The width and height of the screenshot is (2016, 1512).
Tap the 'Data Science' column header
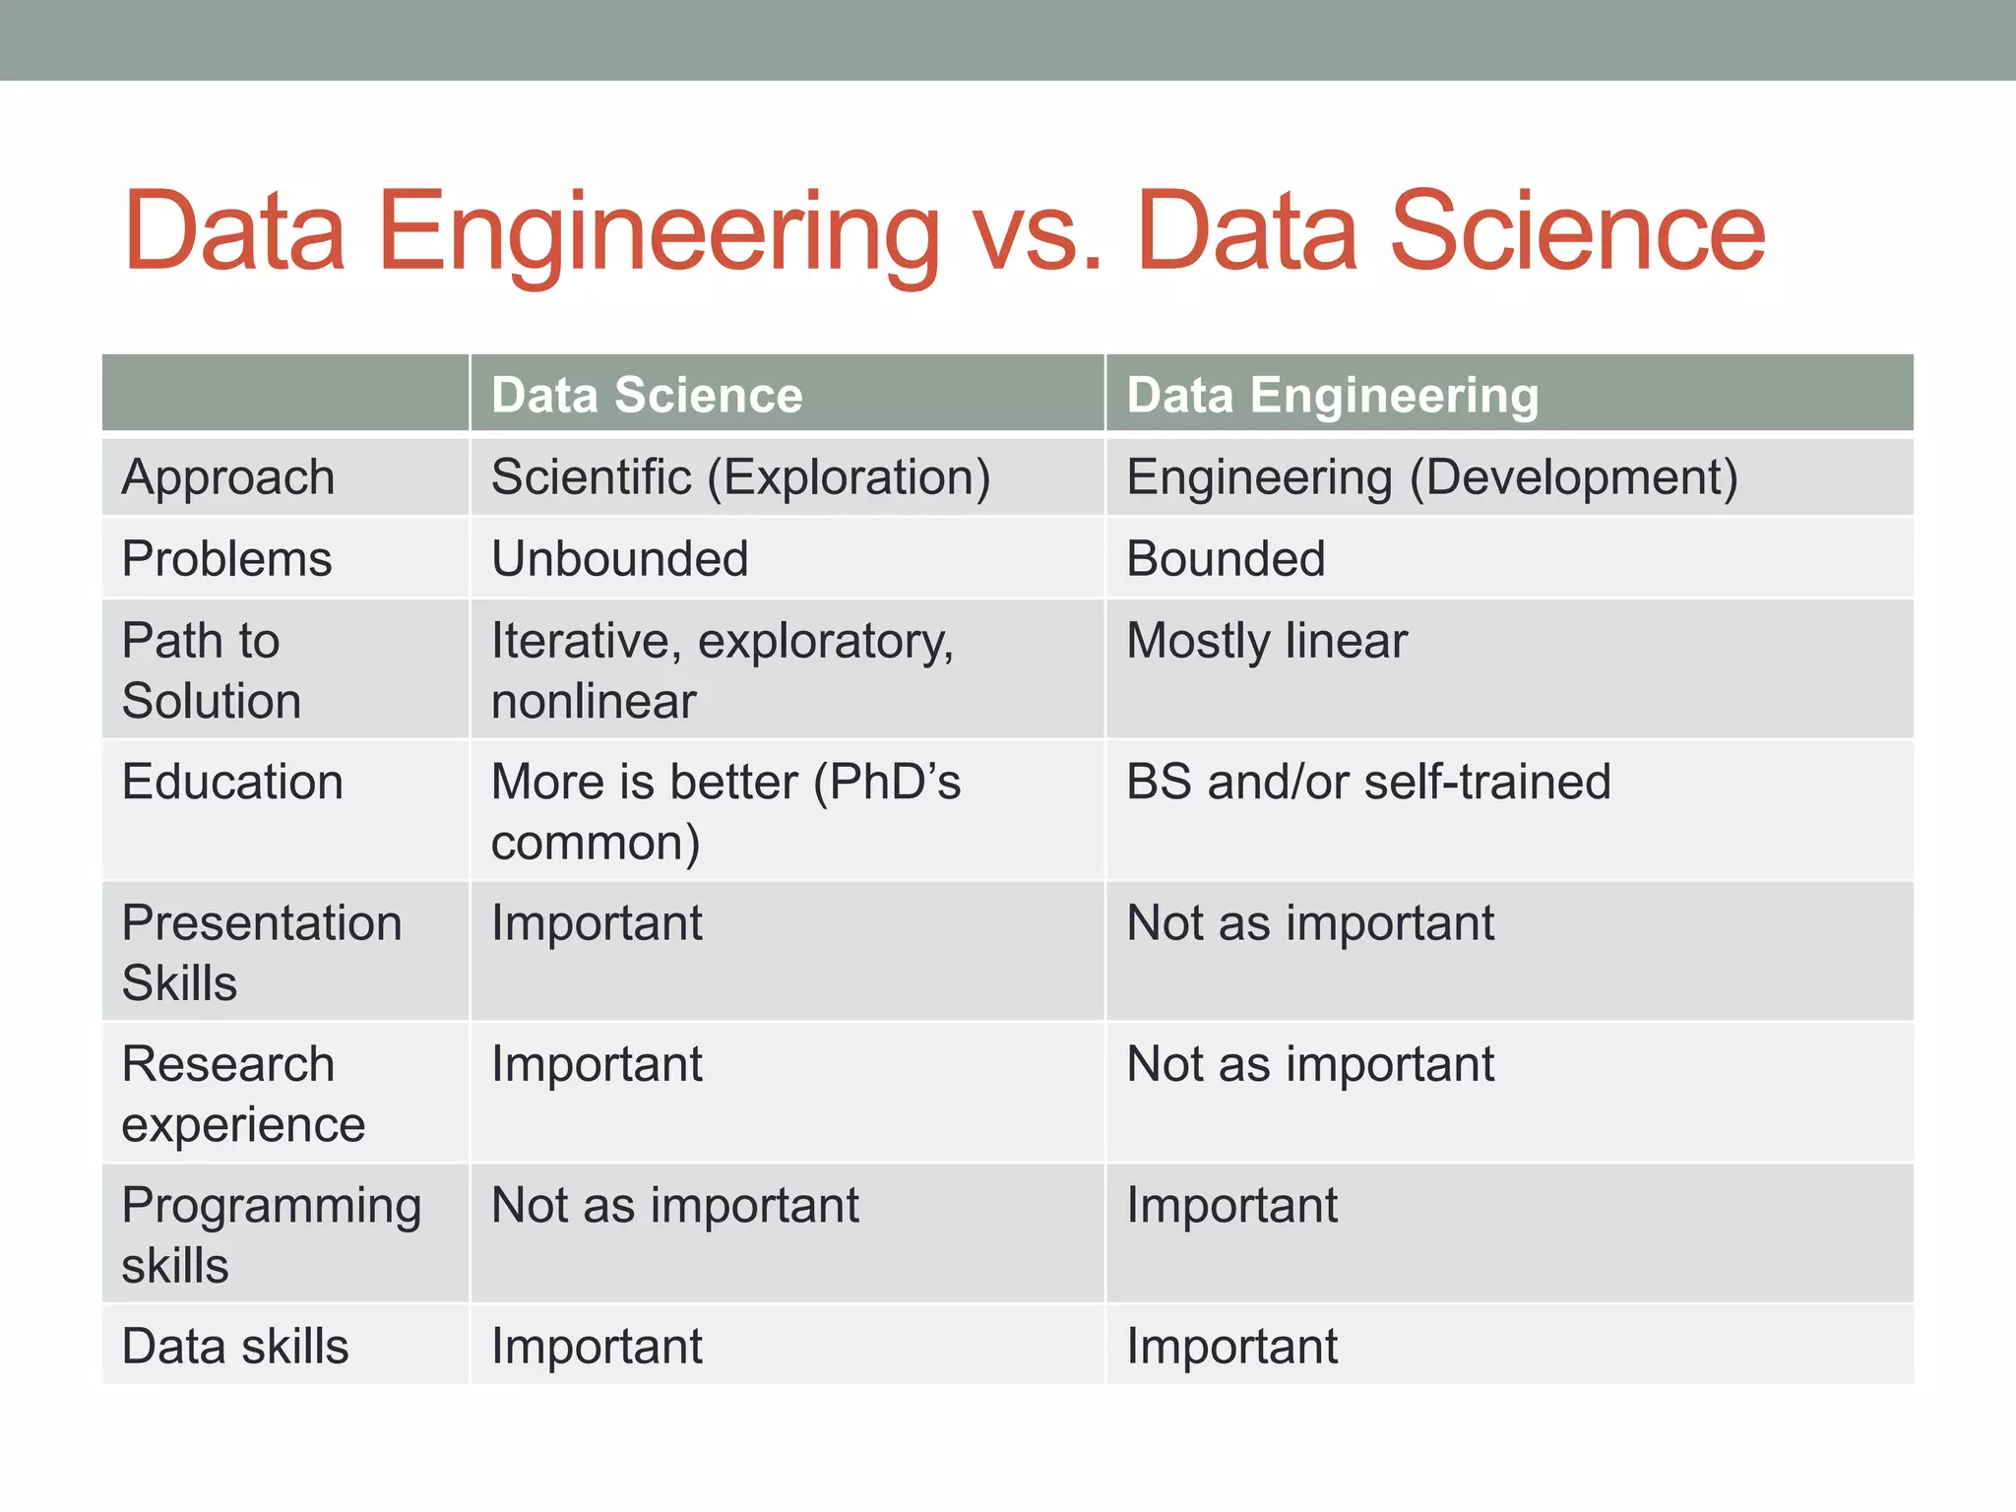(647, 395)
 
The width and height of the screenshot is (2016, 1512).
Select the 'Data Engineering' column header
(1332, 395)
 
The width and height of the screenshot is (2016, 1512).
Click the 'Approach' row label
(228, 477)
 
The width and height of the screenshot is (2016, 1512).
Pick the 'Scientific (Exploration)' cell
(740, 477)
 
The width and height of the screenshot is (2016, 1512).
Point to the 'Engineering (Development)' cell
(1431, 477)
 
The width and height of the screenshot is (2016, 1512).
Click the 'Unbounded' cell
(619, 559)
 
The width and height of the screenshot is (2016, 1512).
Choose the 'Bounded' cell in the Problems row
(1226, 559)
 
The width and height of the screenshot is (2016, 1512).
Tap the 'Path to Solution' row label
(211, 670)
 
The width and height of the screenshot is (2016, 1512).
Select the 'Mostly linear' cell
(1267, 641)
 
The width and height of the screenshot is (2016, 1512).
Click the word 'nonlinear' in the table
(594, 702)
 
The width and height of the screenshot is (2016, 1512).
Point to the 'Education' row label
(232, 783)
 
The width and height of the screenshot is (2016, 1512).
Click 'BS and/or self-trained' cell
(1368, 783)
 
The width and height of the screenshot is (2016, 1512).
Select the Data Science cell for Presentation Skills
(597, 923)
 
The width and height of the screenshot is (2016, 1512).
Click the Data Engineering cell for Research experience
(1309, 1064)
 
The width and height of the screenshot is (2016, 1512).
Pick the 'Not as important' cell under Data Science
(674, 1205)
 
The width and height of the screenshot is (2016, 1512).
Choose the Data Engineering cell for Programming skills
(1231, 1205)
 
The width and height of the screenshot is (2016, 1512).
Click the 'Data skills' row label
(235, 1346)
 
